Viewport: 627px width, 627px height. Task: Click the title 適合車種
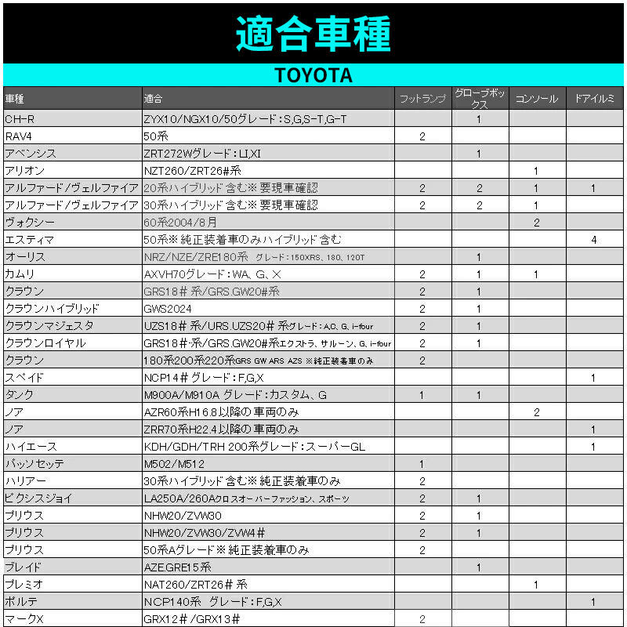[x=313, y=33]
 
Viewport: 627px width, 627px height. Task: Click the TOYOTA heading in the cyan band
[x=313, y=75]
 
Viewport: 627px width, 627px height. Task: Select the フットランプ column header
[x=422, y=99]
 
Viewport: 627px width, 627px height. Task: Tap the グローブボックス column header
[x=480, y=99]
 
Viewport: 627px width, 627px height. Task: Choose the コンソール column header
[x=537, y=99]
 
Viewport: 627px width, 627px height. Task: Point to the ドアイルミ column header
[x=594, y=99]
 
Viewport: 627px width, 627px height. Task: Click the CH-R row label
[x=19, y=119]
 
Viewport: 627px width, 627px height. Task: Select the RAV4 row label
[x=19, y=136]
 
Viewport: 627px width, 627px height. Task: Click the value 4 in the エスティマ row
[x=594, y=240]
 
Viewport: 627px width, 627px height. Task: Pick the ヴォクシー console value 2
[x=537, y=223]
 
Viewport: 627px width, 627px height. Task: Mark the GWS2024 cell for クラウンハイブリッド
[x=168, y=309]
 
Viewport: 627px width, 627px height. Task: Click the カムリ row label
[x=20, y=274]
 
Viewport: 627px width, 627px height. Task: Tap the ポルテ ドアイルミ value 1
[x=594, y=602]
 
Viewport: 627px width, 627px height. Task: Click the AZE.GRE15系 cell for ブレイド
[x=178, y=567]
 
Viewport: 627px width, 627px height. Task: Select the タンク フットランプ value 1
[x=422, y=395]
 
